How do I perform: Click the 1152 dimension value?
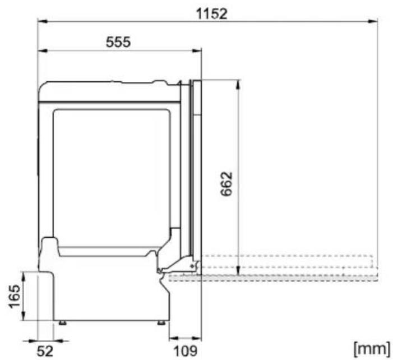211,13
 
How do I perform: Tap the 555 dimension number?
118,42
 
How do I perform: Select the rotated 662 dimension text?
226,184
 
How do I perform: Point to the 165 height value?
14,296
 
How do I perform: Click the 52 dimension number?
45,351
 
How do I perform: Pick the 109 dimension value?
186,351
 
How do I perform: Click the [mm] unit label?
372,348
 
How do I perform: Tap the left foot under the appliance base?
63,322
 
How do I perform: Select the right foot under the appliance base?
161,322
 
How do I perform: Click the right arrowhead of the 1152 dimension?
373,21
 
